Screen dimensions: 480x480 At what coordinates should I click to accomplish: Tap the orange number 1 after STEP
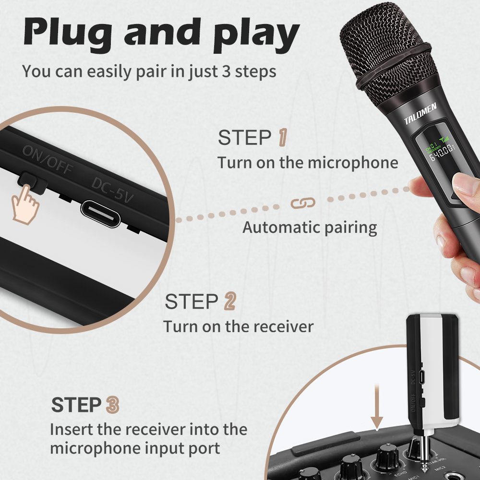pyautogui.click(x=283, y=137)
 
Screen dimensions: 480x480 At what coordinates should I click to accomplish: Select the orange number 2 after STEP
pyautogui.click(x=230, y=301)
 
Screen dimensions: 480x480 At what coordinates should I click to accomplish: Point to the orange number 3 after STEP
pyautogui.click(x=112, y=405)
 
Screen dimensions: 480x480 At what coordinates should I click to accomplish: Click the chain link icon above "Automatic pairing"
pyautogui.click(x=303, y=203)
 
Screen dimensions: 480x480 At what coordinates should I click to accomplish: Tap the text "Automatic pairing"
pyautogui.click(x=310, y=227)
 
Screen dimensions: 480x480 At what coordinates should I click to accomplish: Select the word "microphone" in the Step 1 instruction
pyautogui.click(x=353, y=162)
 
